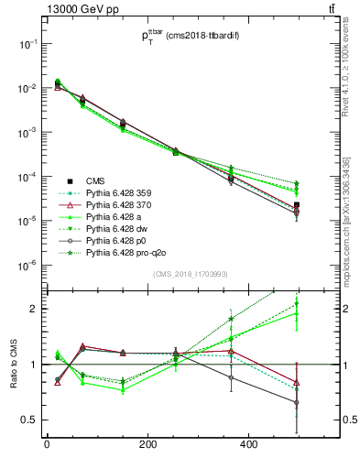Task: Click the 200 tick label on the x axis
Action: pos(147,445)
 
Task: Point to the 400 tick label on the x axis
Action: pos(248,445)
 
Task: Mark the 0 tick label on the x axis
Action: pos(47,445)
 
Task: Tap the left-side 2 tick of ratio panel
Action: pos(33,309)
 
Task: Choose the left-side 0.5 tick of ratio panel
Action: pos(29,420)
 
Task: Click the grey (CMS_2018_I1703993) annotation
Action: pos(189,275)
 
